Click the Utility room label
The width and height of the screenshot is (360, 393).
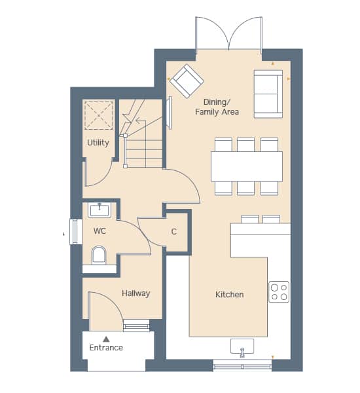point(98,143)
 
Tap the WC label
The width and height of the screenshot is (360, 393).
point(99,231)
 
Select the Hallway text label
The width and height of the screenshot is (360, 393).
point(135,293)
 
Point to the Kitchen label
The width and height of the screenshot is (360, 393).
point(230,294)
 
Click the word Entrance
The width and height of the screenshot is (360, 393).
point(106,347)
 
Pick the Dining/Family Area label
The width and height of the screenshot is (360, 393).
point(217,107)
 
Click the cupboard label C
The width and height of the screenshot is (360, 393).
point(174,232)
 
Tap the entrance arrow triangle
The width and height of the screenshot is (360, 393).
point(106,339)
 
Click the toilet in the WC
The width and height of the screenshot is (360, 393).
point(99,255)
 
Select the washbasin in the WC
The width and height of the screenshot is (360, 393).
point(99,210)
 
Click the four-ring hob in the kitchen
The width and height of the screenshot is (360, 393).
point(279,291)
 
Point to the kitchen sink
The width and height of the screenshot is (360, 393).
point(242,347)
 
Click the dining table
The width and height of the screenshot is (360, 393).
point(247,166)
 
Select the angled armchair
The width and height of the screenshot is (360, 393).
point(187,81)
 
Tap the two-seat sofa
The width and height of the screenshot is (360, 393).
point(268,94)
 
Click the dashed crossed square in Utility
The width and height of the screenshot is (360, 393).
point(99,115)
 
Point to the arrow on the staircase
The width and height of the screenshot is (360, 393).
point(141,121)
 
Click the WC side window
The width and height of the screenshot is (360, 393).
point(76,231)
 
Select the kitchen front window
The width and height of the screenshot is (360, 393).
point(242,366)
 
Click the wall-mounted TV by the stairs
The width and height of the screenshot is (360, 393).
point(169,113)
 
